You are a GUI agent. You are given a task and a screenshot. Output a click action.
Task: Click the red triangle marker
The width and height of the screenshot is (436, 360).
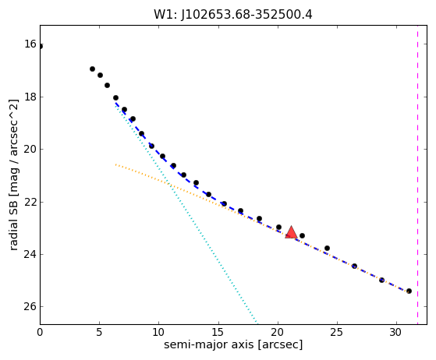[291, 232]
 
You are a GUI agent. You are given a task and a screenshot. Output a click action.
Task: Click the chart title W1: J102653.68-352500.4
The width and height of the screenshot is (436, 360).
[233, 15]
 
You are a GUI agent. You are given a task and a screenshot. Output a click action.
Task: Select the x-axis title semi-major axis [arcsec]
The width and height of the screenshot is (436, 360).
[233, 344]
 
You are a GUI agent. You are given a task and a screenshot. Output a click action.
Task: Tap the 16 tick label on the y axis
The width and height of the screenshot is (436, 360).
[30, 44]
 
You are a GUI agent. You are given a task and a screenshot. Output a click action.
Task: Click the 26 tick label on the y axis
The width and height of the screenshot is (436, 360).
[30, 306]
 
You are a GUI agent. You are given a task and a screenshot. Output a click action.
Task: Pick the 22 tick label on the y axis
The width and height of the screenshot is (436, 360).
[30, 202]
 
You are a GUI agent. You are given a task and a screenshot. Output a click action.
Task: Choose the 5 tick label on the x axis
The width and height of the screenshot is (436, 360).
[99, 332]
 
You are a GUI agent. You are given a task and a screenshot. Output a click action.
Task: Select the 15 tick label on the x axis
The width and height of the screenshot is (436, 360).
[218, 332]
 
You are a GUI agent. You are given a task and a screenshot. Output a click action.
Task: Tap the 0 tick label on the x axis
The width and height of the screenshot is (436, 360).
[40, 332]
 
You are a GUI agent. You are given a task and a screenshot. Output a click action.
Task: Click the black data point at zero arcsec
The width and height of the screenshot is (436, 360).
[41, 46]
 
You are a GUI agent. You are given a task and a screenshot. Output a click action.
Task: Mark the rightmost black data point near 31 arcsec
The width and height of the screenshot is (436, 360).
[409, 291]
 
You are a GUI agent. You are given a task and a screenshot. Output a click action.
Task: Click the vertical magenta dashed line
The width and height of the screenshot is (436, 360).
[417, 175]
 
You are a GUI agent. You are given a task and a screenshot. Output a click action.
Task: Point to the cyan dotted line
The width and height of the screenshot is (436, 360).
[186, 214]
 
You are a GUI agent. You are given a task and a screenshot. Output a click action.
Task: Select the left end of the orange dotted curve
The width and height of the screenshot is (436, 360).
[115, 164]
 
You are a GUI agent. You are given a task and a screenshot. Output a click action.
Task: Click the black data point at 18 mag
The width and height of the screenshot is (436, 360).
[115, 97]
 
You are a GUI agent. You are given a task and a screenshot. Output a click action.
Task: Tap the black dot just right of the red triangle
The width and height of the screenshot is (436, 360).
[303, 236]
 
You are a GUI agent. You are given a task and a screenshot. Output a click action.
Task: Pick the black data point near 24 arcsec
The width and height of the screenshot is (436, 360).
[327, 248]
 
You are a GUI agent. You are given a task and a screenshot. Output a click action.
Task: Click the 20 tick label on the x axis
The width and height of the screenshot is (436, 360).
[278, 332]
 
